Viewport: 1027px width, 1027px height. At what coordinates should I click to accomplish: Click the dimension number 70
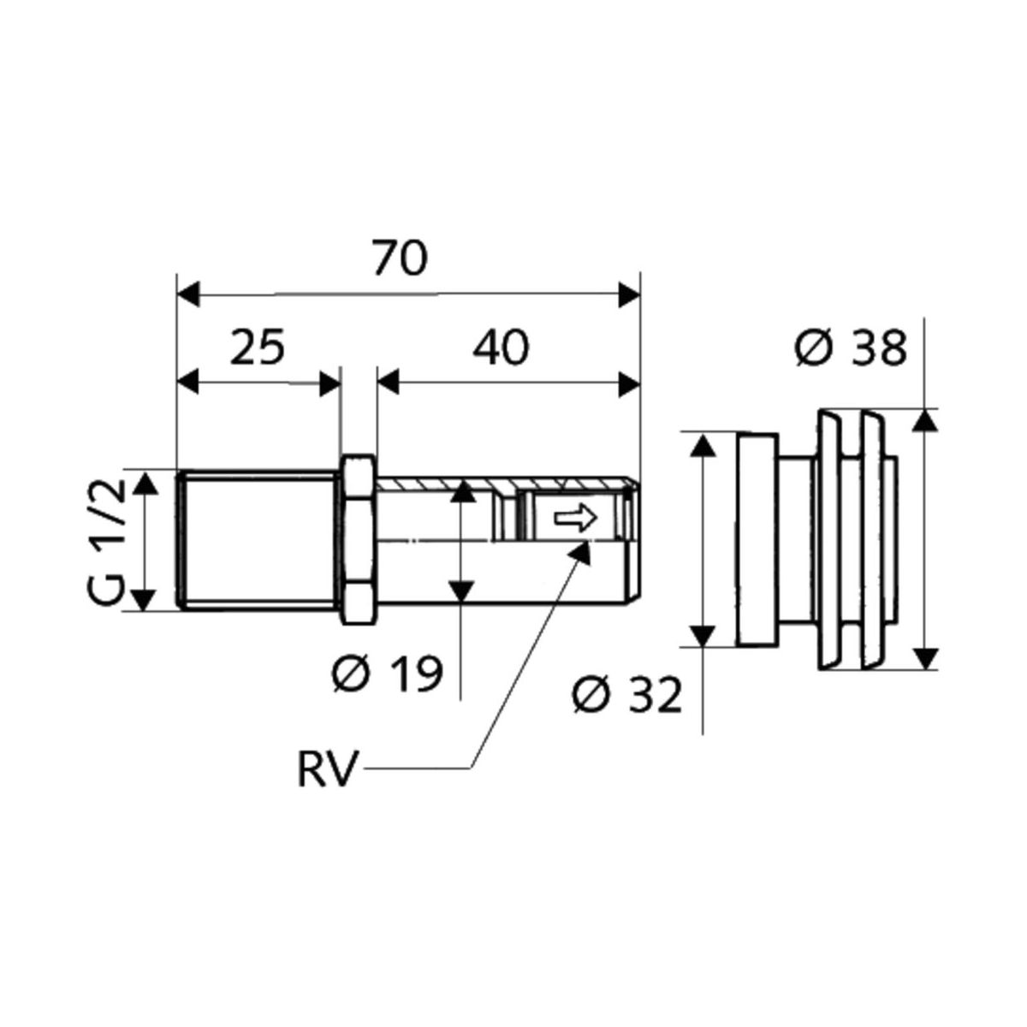click(400, 258)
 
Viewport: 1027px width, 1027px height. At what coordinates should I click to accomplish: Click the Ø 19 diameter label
click(388, 674)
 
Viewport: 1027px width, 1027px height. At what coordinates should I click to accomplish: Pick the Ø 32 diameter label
click(627, 695)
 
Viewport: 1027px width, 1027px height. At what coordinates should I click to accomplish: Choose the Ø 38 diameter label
click(850, 349)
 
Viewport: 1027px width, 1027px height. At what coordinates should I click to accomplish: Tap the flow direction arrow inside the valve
click(574, 518)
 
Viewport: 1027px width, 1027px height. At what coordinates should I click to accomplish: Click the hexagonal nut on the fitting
click(357, 540)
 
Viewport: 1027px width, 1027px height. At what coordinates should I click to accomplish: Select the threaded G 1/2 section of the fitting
click(258, 540)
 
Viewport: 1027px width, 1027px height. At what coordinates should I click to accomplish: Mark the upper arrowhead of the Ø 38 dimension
click(923, 423)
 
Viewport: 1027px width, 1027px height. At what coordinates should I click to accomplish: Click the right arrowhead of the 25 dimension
click(330, 383)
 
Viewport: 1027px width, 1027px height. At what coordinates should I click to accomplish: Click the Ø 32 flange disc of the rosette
click(757, 540)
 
